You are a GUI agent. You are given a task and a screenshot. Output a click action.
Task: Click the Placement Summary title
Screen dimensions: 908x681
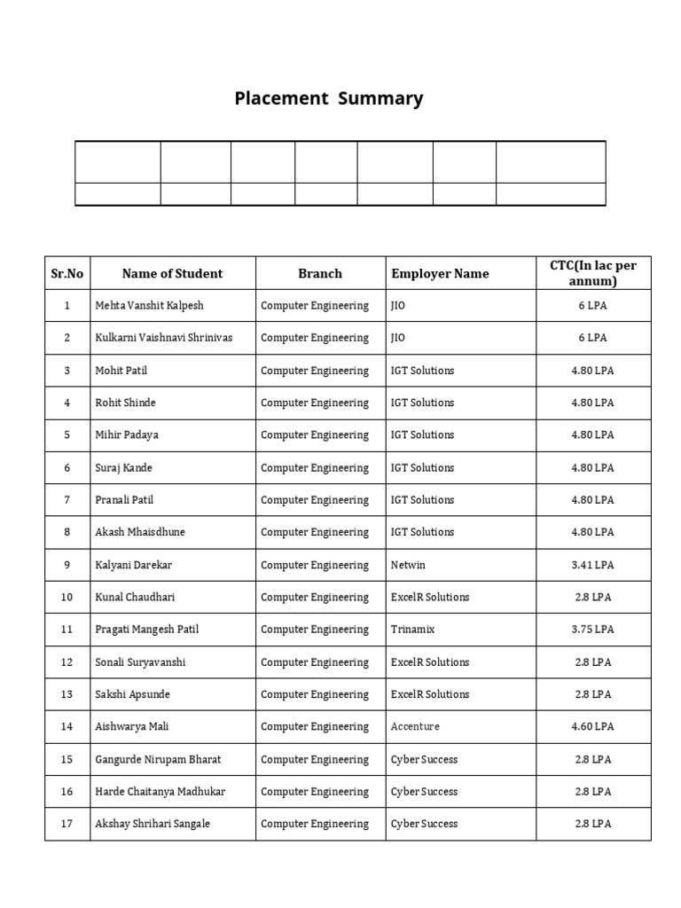[328, 98]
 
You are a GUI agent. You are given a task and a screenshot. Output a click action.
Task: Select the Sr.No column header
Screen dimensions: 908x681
[67, 273]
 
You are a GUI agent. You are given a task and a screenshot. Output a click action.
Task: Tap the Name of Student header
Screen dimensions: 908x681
[172, 273]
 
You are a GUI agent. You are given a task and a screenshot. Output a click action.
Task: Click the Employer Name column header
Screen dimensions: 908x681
[440, 273]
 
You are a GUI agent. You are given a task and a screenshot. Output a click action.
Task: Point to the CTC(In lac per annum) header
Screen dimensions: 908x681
[592, 273]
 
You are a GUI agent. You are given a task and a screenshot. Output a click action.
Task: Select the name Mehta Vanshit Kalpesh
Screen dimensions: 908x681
[149, 305]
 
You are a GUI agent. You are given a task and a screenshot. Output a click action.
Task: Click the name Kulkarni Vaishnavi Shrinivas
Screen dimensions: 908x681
[163, 338]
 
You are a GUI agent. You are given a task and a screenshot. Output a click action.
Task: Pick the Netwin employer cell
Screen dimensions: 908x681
[408, 565]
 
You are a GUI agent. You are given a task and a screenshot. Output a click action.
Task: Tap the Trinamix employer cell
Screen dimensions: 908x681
[412, 630]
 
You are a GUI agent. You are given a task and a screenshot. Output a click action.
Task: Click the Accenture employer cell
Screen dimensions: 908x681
[415, 726]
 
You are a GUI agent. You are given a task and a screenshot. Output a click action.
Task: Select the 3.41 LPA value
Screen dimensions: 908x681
[592, 565]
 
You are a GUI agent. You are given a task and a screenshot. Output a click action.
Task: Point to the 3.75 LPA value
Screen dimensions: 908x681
[592, 630]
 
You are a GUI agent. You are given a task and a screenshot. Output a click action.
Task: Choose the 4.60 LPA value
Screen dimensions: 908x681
[592, 726]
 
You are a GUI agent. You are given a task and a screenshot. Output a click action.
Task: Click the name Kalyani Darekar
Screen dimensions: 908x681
[133, 565]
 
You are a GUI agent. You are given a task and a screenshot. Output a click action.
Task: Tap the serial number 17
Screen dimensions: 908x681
[67, 824]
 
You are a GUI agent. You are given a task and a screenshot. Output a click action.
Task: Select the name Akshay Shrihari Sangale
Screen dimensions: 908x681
[153, 824]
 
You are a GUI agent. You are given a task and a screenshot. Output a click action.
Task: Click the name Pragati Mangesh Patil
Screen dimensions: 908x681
[146, 630]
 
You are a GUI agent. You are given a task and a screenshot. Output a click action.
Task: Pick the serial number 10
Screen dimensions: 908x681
[67, 597]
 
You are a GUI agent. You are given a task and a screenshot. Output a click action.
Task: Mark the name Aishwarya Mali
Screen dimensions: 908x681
[131, 726]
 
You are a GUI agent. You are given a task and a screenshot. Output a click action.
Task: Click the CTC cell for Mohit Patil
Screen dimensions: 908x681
[592, 371]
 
